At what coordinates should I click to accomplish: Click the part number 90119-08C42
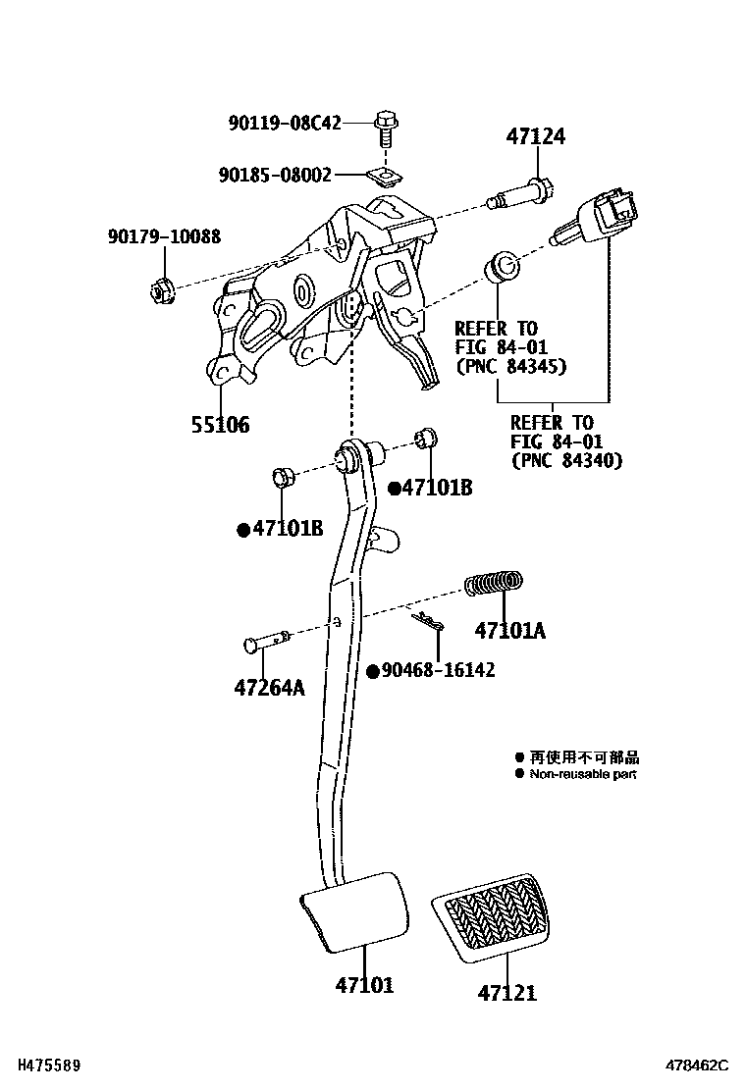(285, 124)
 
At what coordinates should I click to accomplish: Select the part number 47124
(536, 137)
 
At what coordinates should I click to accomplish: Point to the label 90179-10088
(164, 236)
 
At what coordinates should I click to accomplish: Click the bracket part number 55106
(220, 425)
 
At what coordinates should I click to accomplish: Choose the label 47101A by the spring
(509, 630)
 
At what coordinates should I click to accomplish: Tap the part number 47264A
(269, 688)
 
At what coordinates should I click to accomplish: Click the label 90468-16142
(438, 671)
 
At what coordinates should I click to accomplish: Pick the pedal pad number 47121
(507, 993)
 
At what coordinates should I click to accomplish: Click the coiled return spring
(494, 585)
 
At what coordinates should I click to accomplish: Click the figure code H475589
(42, 1065)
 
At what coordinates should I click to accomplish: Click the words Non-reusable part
(583, 774)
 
